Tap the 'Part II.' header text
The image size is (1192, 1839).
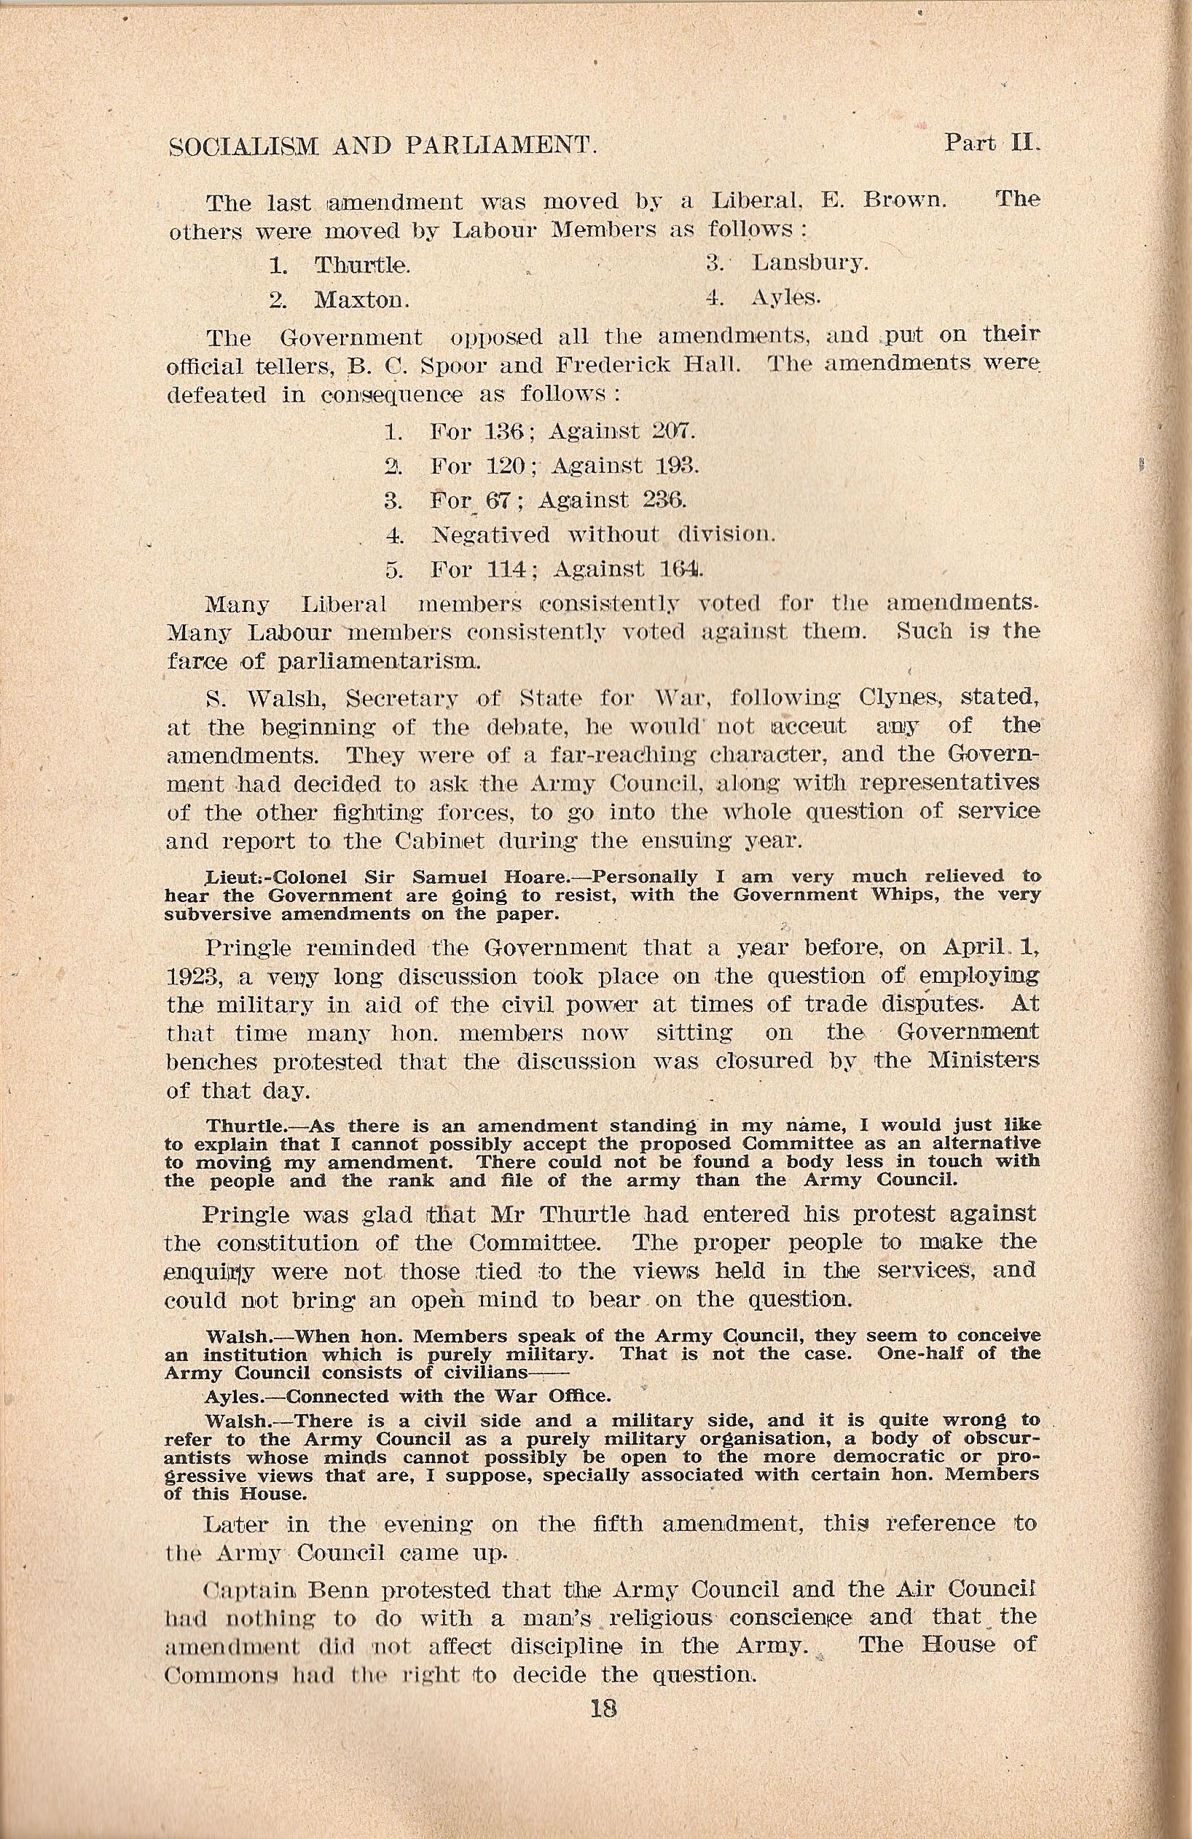click(995, 144)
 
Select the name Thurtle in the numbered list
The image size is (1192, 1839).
click(361, 265)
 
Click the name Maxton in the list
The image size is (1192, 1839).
click(361, 299)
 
